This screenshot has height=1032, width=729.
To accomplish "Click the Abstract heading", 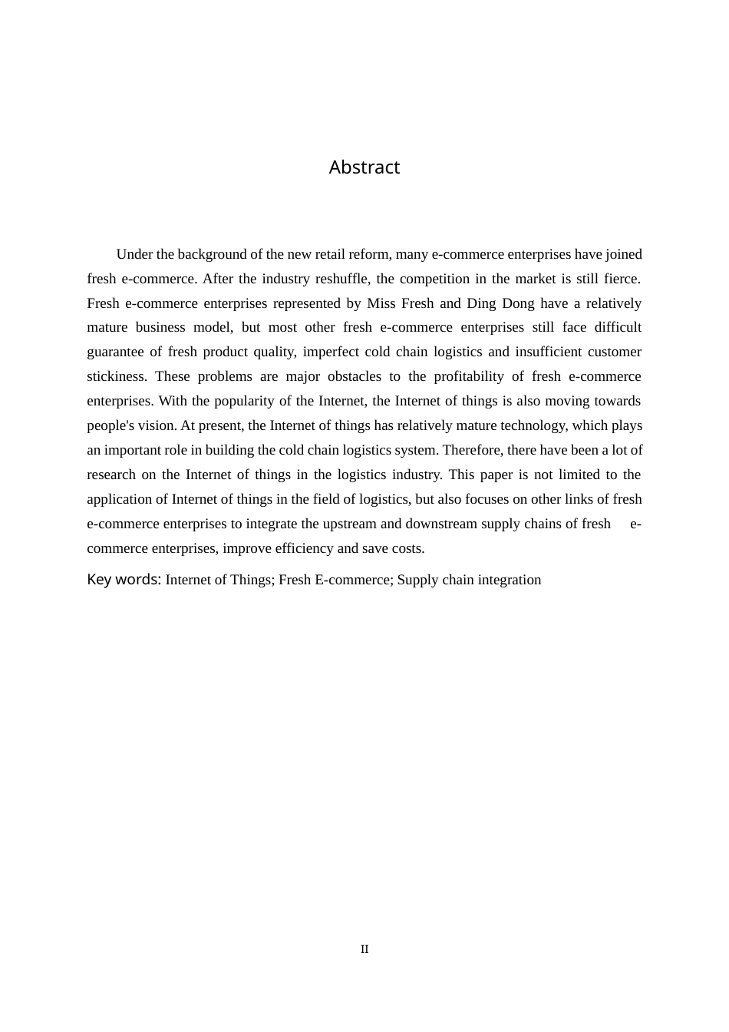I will pos(364,167).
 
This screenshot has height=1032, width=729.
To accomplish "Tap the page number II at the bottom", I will pos(364,949).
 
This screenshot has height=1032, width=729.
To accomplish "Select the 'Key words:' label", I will pos(124,580).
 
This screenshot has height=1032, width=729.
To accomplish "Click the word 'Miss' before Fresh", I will pos(381,303).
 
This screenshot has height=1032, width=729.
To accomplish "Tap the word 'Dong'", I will pos(518,303).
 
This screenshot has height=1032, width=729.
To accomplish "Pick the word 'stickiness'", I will pos(117,376).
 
